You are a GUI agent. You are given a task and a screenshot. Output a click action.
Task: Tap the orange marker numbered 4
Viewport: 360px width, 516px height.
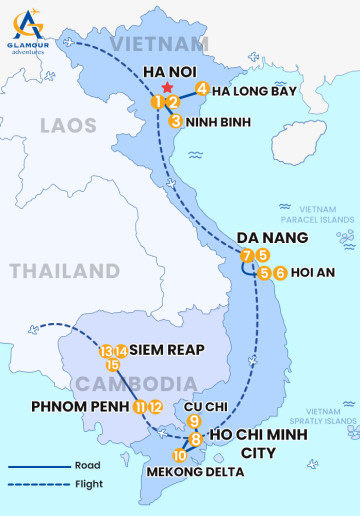click(x=202, y=88)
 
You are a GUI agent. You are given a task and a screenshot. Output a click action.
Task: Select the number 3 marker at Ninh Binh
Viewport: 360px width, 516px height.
click(x=175, y=122)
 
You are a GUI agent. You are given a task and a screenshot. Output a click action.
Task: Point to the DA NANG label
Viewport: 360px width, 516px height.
click(x=271, y=237)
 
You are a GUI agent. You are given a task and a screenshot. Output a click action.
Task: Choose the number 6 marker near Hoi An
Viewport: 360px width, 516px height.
click(x=280, y=272)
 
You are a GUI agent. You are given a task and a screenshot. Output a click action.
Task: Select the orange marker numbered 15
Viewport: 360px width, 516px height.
click(x=113, y=364)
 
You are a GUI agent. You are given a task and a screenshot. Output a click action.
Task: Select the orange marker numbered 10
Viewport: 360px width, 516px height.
click(x=179, y=456)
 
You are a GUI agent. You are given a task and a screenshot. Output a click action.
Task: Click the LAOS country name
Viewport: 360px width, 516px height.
click(x=69, y=125)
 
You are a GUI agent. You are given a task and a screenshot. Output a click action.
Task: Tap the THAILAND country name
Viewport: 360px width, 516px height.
click(x=64, y=271)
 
